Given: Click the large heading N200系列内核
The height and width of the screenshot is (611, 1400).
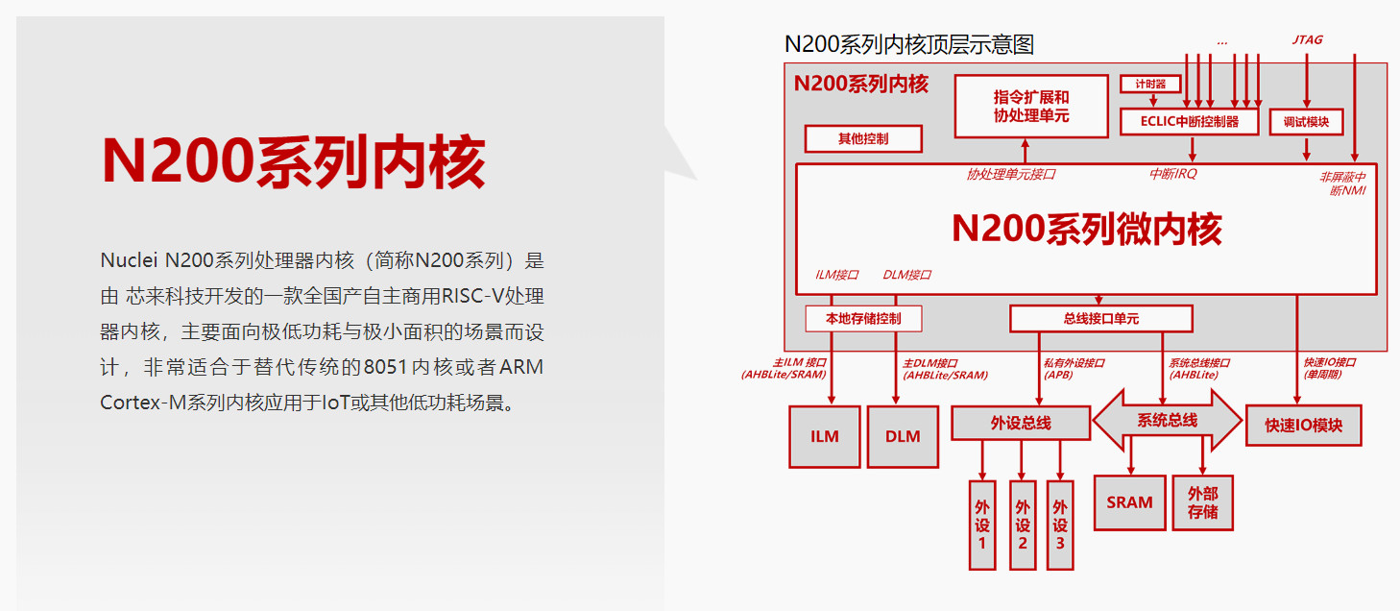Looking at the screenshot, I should pyautogui.click(x=293, y=160).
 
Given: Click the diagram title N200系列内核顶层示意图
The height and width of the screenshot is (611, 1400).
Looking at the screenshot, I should pyautogui.click(x=908, y=44).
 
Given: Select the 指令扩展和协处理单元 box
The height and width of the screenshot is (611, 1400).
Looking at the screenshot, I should pyautogui.click(x=1030, y=107).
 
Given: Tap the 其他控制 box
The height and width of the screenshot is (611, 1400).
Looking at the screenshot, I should pyautogui.click(x=862, y=138).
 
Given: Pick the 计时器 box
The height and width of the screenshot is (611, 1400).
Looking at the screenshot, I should pyautogui.click(x=1149, y=85).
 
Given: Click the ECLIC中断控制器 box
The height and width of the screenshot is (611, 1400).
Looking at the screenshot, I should pyautogui.click(x=1189, y=122).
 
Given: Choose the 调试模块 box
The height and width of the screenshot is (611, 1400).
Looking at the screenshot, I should pyautogui.click(x=1305, y=122).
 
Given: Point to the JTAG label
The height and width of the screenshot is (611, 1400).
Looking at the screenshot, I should pyautogui.click(x=1307, y=40).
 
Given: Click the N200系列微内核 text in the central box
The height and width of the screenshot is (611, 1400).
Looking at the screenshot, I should pyautogui.click(x=1086, y=230).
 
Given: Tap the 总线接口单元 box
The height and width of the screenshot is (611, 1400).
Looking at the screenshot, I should pyautogui.click(x=1100, y=318).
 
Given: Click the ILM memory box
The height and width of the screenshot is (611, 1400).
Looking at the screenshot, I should pyautogui.click(x=824, y=436).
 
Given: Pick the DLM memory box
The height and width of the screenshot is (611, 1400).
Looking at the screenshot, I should pyautogui.click(x=903, y=436).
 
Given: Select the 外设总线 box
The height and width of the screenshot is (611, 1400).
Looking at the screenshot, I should pyautogui.click(x=1020, y=423).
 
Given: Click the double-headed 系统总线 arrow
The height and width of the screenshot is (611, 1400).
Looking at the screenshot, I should pyautogui.click(x=1167, y=421).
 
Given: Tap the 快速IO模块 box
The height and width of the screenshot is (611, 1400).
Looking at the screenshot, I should pyautogui.click(x=1303, y=425).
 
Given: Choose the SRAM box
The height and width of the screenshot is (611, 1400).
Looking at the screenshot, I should pyautogui.click(x=1128, y=501).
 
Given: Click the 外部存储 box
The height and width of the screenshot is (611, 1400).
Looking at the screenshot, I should pyautogui.click(x=1202, y=502).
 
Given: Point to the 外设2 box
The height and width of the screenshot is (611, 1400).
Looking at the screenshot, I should pyautogui.click(x=1023, y=525).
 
